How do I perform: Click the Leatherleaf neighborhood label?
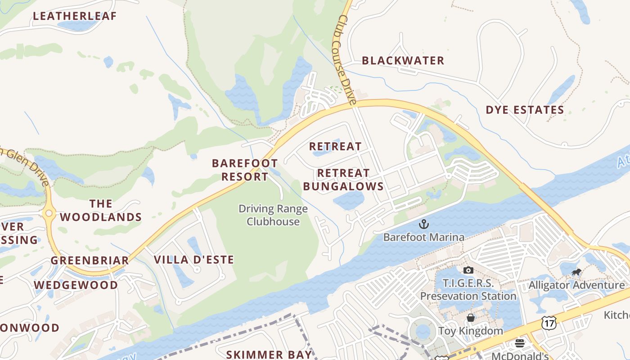click(x=75, y=16)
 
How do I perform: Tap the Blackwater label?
click(x=403, y=61)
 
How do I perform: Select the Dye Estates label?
click(x=525, y=110)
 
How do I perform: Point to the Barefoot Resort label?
click(x=245, y=170)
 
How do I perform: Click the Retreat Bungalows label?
click(x=343, y=180)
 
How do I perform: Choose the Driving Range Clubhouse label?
click(x=273, y=215)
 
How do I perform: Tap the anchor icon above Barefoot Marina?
click(x=423, y=224)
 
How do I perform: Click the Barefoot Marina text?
click(x=423, y=237)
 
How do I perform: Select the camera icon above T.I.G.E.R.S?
click(x=468, y=270)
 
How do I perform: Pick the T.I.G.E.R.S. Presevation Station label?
click(x=468, y=290)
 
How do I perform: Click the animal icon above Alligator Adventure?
click(x=576, y=272)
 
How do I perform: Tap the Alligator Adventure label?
click(x=576, y=285)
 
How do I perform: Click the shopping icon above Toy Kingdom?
click(x=470, y=318)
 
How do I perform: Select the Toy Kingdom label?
click(x=470, y=331)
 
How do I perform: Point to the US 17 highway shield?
click(x=550, y=323)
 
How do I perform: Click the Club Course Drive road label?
click(x=347, y=58)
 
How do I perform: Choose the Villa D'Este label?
click(x=194, y=260)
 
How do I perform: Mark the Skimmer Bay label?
click(x=269, y=355)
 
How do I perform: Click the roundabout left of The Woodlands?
click(x=49, y=213)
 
